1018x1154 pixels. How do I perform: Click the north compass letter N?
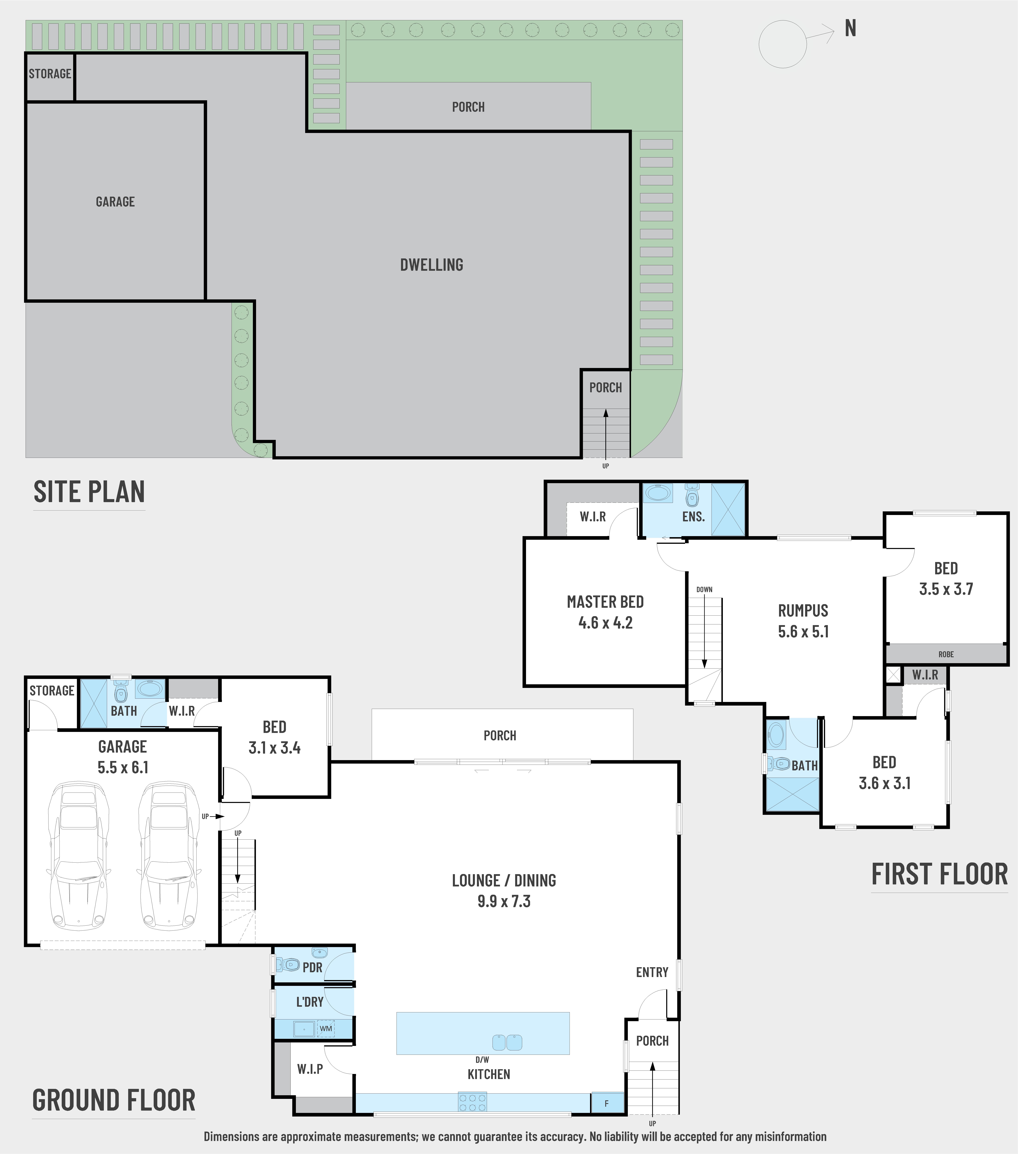pos(850,28)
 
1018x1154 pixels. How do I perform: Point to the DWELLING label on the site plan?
pos(432,265)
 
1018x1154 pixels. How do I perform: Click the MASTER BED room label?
pos(605,602)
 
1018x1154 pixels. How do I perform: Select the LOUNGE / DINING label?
pos(504,880)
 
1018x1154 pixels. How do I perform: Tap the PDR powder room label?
pos(312,968)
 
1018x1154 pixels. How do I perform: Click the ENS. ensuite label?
pos(693,517)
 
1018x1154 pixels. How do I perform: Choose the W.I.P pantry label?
pos(310,1069)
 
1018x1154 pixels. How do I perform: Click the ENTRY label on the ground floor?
pos(652,972)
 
